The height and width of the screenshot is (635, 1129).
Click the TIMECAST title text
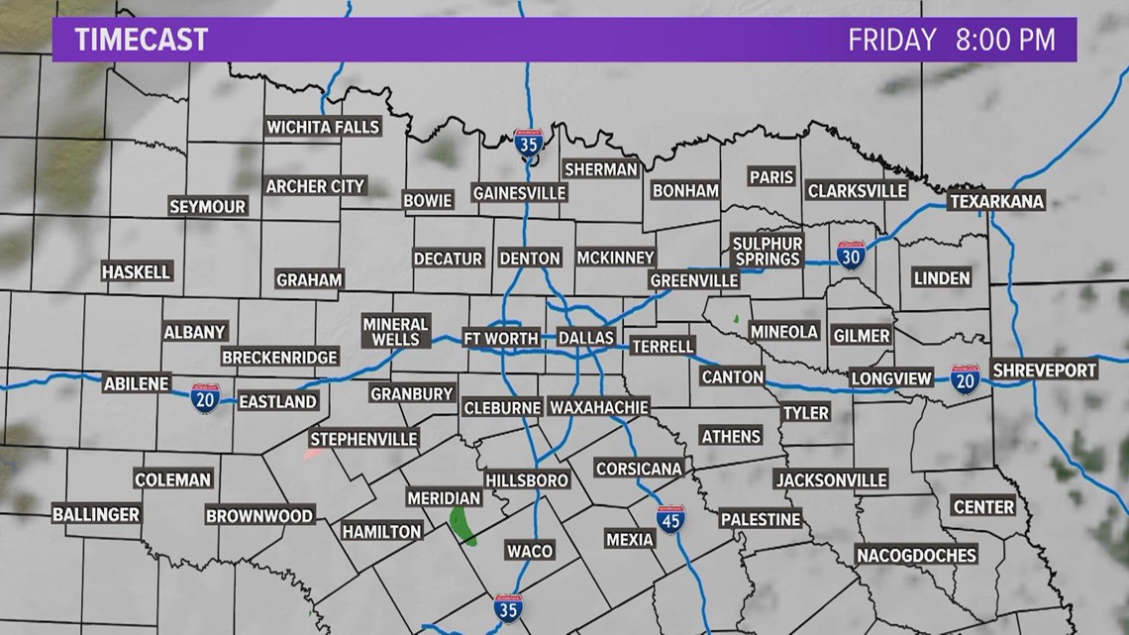(x=143, y=40)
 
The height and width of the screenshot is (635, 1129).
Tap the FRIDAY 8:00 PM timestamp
(x=950, y=40)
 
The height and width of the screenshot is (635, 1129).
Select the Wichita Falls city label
(x=323, y=127)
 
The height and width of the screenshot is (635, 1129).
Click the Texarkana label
(x=996, y=201)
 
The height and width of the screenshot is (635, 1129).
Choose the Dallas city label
(x=586, y=338)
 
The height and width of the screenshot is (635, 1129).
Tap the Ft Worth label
(x=501, y=338)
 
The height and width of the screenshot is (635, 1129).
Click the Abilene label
(x=138, y=384)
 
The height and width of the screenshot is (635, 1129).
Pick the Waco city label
(x=529, y=550)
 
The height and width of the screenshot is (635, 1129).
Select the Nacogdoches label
(x=916, y=555)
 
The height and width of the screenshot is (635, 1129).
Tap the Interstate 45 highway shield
(x=670, y=519)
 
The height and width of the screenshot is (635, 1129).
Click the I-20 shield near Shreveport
(x=965, y=378)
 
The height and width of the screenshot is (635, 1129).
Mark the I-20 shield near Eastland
(x=205, y=398)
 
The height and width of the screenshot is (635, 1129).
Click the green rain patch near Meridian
(x=462, y=526)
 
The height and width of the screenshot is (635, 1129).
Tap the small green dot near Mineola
(x=735, y=319)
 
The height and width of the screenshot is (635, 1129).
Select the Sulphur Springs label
(x=767, y=251)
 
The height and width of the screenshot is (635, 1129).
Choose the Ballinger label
(x=96, y=514)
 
